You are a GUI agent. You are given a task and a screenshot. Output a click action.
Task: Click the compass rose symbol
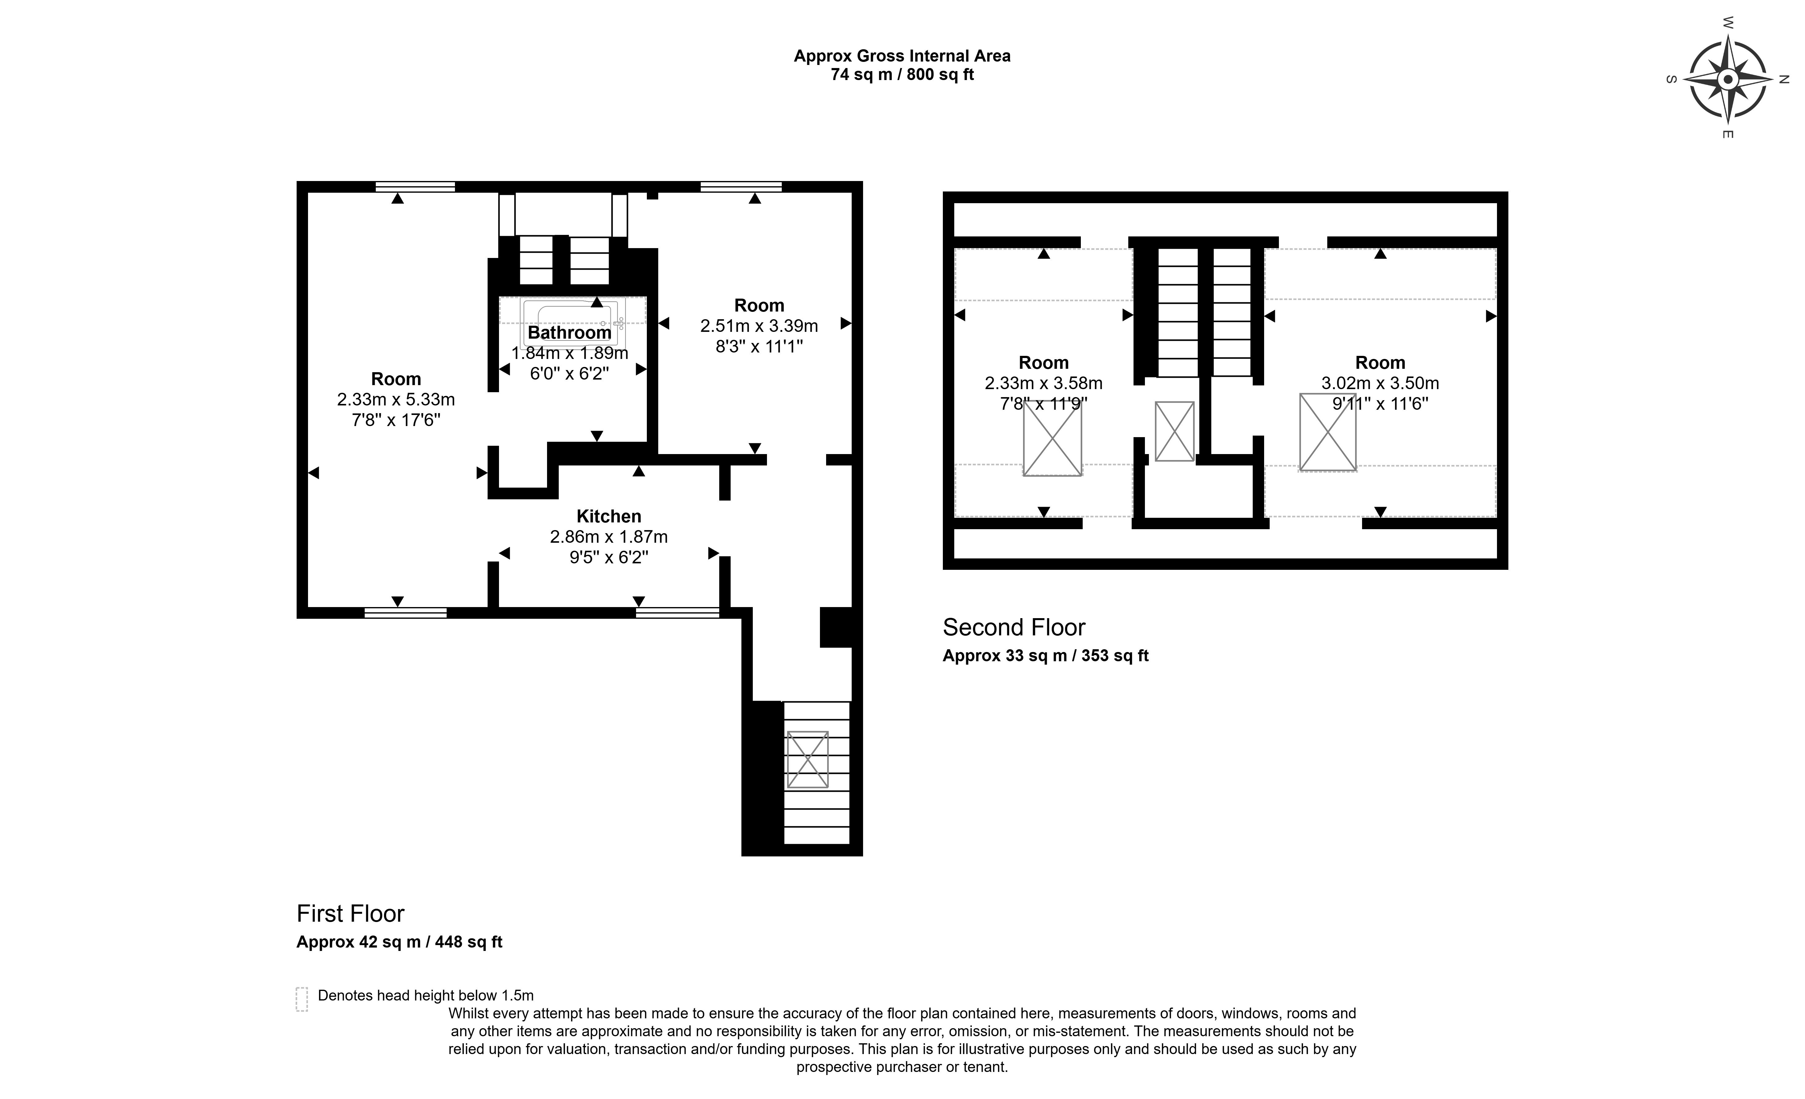pyautogui.click(x=1727, y=79)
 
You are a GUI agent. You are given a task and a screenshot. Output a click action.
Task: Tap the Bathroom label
pyautogui.click(x=569, y=332)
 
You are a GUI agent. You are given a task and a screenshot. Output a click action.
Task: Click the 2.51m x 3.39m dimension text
pyautogui.click(x=759, y=326)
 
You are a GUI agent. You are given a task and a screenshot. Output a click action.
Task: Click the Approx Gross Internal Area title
pyautogui.click(x=902, y=56)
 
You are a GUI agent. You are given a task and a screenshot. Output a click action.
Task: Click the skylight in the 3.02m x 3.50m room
pyautogui.click(x=1327, y=432)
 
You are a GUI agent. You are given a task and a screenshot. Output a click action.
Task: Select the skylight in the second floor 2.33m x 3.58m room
pyautogui.click(x=1052, y=438)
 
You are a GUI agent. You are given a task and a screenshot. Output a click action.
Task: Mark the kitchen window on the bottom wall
pyautogui.click(x=678, y=613)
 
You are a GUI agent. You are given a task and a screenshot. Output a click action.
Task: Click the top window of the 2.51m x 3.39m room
pyautogui.click(x=740, y=187)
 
